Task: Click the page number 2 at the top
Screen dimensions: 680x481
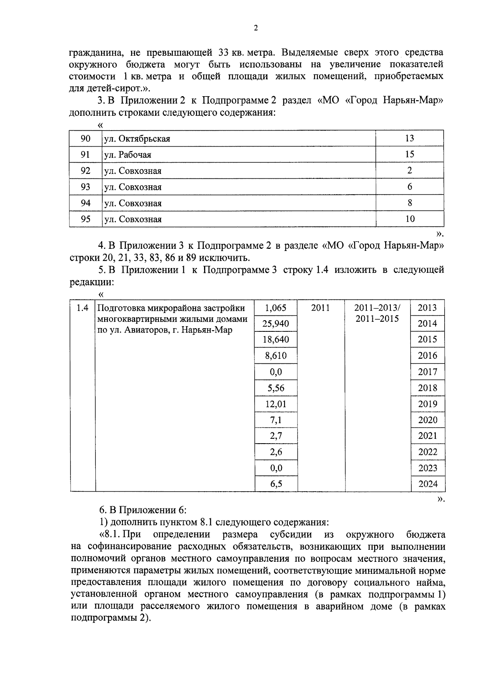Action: (x=256, y=28)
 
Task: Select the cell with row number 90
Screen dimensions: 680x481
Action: (x=85, y=139)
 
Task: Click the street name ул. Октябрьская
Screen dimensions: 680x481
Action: (x=137, y=139)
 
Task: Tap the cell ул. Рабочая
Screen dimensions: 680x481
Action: (x=127, y=155)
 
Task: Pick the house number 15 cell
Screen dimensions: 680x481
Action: (x=409, y=154)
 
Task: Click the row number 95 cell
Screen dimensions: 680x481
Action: (x=85, y=219)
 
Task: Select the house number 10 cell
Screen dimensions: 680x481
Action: (x=410, y=219)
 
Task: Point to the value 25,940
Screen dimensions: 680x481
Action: (x=276, y=324)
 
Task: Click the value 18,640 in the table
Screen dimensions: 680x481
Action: (x=276, y=340)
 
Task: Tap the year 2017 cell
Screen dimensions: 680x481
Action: (x=428, y=372)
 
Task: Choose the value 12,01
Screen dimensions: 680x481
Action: (x=276, y=404)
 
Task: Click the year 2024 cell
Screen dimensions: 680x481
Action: (x=428, y=484)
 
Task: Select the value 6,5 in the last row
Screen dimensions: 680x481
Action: (x=276, y=484)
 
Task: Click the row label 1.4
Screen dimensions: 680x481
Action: (x=82, y=308)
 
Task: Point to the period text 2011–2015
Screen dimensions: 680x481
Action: (x=377, y=319)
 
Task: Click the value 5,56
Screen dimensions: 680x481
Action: (x=276, y=388)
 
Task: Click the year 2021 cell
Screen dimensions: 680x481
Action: (x=428, y=436)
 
